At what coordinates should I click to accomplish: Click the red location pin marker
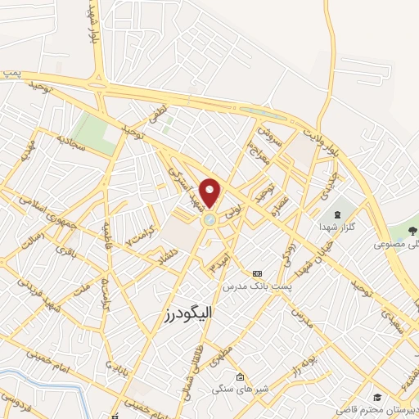[x=210, y=191]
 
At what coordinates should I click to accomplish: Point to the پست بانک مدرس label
[x=258, y=287]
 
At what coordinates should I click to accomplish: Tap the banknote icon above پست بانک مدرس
[x=259, y=273]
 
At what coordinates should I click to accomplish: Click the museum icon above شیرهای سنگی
[x=239, y=376]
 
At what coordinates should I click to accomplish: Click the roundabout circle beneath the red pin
[x=210, y=219]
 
